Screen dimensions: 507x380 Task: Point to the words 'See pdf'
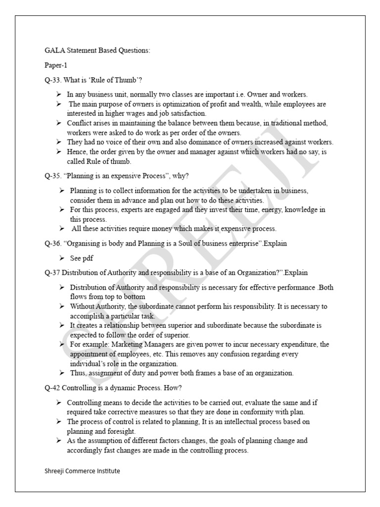coord(82,258)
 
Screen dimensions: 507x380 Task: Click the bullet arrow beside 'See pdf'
coord(61,258)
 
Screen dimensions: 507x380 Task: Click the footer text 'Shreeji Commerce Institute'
coord(82,471)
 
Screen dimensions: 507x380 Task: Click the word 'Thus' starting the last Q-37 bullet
coord(78,373)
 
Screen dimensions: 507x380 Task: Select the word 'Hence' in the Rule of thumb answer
coord(77,152)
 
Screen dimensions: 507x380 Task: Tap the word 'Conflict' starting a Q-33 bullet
coord(79,123)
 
